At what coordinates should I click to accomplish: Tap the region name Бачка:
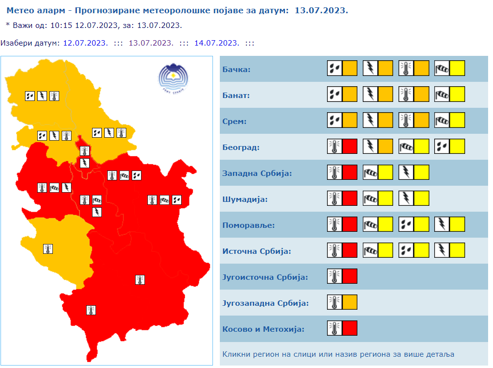click(x=236, y=70)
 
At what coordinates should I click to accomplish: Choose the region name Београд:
click(x=241, y=147)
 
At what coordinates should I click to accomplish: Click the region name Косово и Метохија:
click(x=263, y=329)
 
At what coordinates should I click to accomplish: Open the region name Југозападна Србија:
click(x=265, y=303)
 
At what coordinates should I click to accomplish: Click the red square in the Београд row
click(x=350, y=146)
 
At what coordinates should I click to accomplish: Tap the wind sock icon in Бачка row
click(x=442, y=68)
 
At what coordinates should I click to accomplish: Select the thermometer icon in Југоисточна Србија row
click(x=335, y=276)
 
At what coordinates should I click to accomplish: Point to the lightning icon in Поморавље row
click(x=442, y=224)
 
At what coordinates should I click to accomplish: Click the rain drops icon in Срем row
click(x=335, y=120)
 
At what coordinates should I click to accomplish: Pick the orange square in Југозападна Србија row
click(x=350, y=302)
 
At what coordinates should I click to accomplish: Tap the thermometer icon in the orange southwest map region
click(x=48, y=248)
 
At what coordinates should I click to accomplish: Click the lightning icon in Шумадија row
click(x=406, y=198)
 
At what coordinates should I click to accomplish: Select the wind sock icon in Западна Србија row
click(x=371, y=172)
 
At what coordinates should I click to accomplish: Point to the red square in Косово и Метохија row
click(x=350, y=328)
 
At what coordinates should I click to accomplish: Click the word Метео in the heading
click(x=20, y=10)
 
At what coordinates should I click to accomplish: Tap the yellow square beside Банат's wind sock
click(x=457, y=94)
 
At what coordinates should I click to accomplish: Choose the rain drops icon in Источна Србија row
click(x=406, y=250)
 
